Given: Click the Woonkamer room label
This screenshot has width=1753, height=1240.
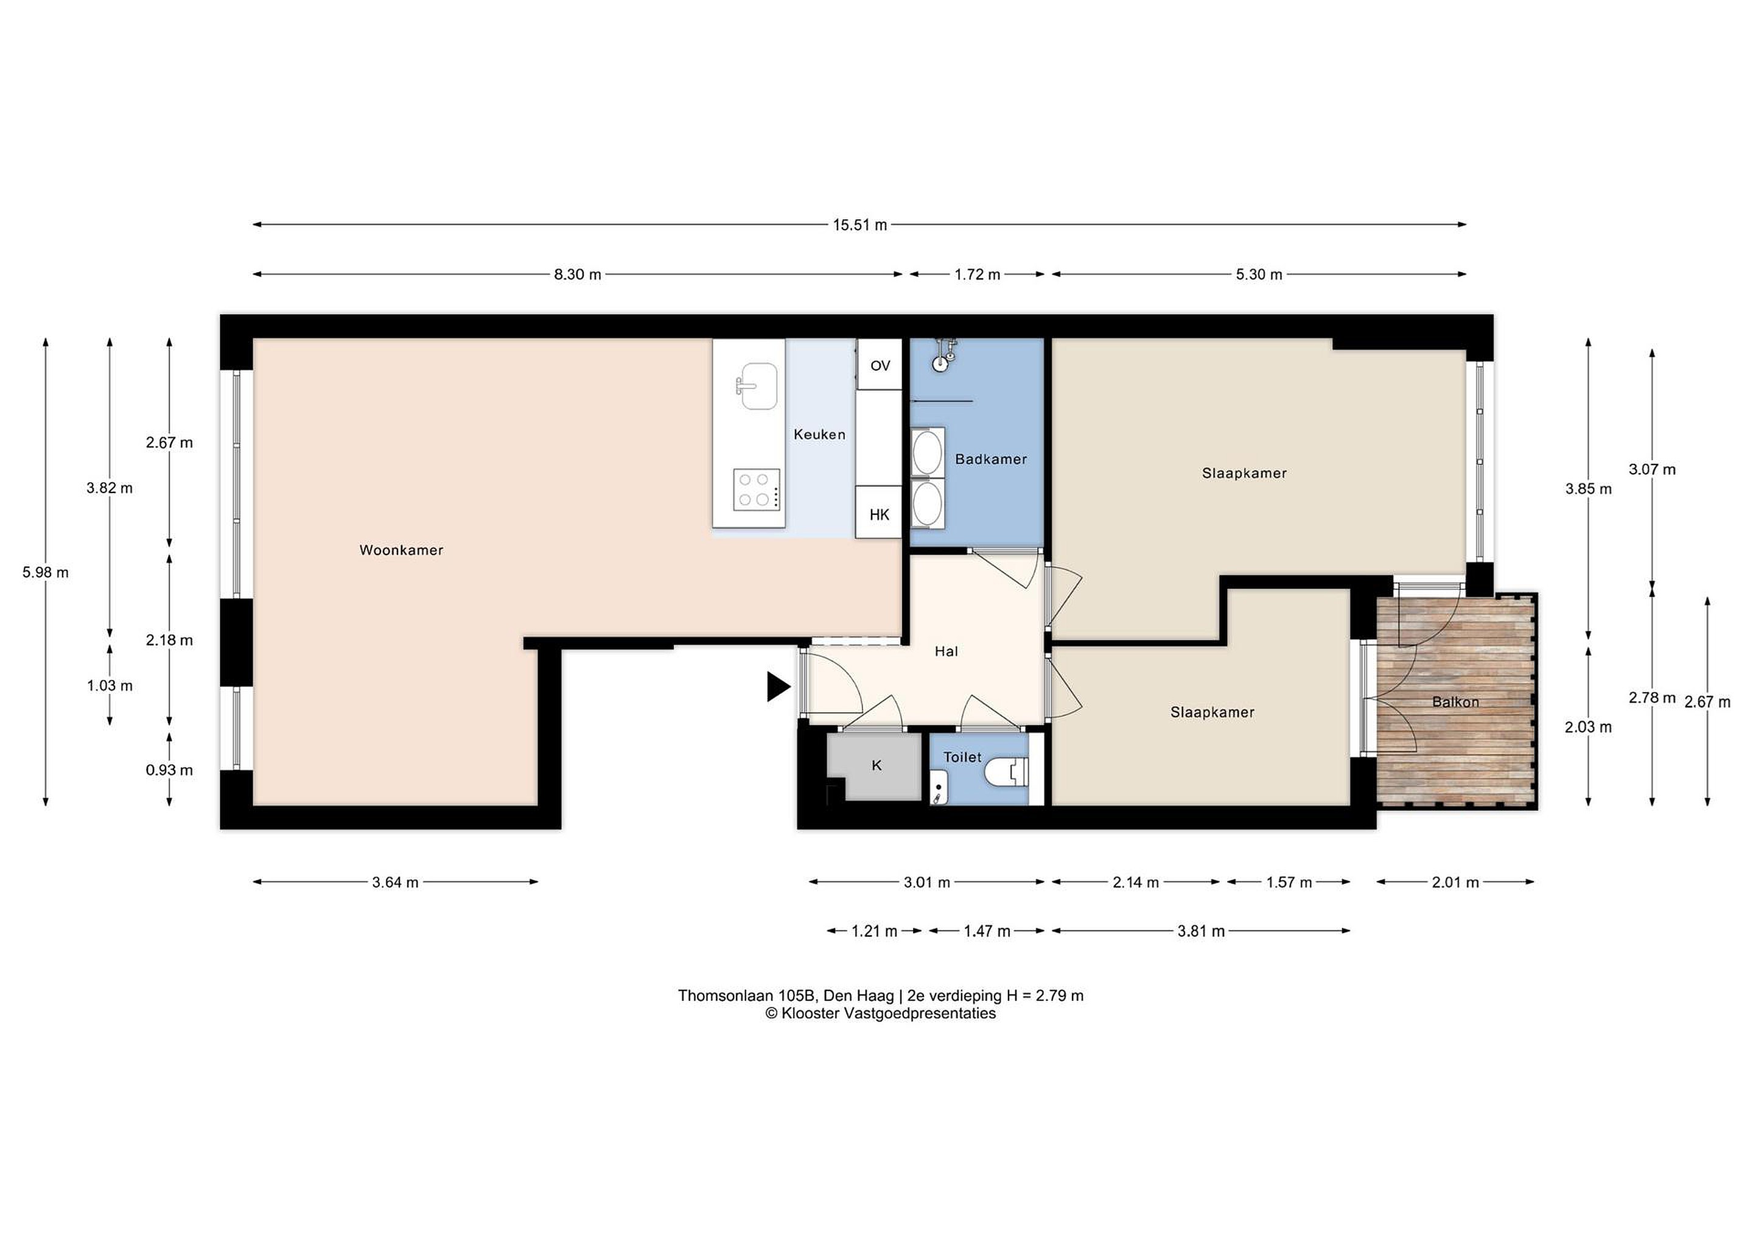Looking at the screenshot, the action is [401, 550].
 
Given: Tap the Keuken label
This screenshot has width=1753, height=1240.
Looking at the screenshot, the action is [819, 435].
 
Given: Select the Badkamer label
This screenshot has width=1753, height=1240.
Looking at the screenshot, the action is [990, 459].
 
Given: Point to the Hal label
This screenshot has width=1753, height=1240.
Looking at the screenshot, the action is [946, 651].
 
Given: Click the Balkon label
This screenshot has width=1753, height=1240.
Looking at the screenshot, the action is [1455, 702].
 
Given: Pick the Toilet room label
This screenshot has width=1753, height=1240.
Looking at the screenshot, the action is [962, 757].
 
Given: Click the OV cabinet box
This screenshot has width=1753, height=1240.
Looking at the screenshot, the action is [880, 365].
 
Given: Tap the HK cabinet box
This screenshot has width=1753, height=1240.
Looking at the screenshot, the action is [879, 513].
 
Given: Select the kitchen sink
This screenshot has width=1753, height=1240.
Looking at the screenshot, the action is [757, 385].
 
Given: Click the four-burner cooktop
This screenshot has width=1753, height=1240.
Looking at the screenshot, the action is [757, 489].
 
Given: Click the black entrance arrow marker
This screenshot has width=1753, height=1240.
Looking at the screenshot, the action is [778, 687].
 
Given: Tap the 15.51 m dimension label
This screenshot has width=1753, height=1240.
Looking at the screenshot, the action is [859, 225].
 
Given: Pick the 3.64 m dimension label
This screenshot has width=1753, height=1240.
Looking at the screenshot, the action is [395, 883].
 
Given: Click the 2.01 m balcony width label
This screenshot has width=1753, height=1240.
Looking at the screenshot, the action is [1455, 883].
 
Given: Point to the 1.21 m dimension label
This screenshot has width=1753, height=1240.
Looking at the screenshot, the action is [874, 931].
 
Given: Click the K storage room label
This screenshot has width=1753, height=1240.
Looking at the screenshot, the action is [876, 765].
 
